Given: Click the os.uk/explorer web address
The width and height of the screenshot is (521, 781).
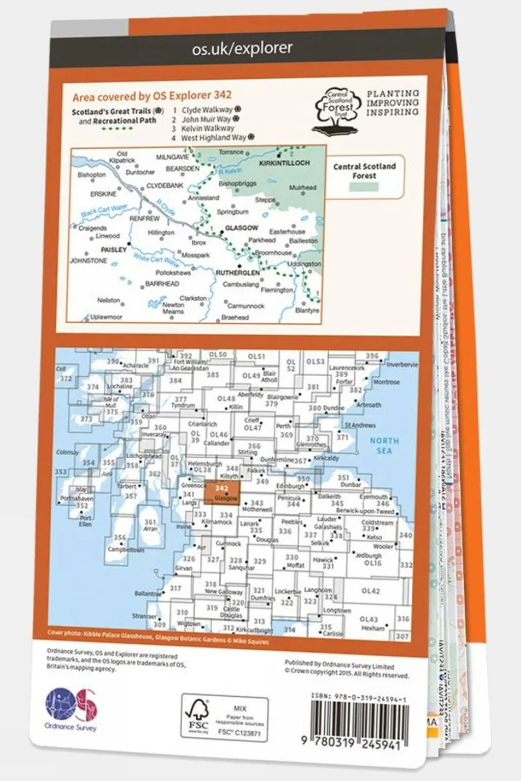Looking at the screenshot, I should click(242, 49).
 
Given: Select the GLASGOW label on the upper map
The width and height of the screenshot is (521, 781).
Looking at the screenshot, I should click(241, 228).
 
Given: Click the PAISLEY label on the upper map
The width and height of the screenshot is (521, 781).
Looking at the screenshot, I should click(113, 250).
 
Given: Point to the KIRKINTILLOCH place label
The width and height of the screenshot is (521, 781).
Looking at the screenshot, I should click(285, 163).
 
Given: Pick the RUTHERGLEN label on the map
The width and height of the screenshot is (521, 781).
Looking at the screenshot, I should click(238, 273).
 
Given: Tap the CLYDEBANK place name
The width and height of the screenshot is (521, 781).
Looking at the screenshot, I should click(165, 186).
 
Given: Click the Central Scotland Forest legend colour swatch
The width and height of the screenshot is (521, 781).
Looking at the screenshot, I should click(364, 186).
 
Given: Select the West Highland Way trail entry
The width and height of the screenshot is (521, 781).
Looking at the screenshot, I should click(214, 138).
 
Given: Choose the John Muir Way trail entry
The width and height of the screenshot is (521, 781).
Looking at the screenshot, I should click(206, 119).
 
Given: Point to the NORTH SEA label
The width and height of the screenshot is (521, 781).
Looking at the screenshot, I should click(384, 446).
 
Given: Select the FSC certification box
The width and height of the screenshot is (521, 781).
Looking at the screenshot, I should click(224, 715).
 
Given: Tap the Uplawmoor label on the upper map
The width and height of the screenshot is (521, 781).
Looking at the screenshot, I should click(106, 317).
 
